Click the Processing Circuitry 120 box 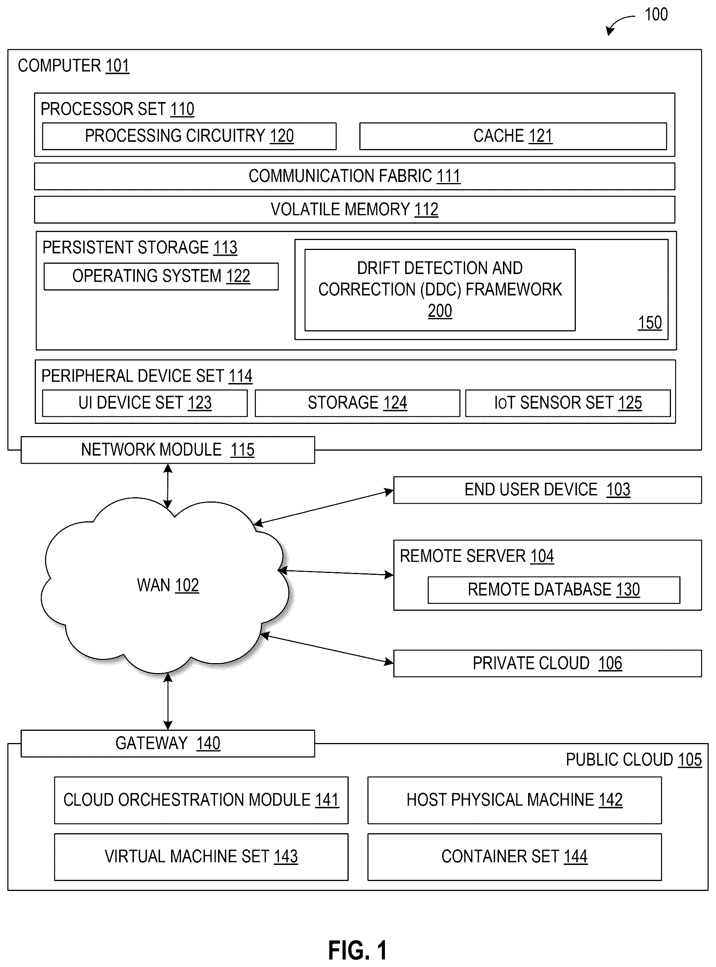[x=189, y=136]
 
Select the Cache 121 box [x=513, y=136]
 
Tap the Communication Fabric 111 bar [x=354, y=176]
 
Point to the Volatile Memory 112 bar [x=354, y=209]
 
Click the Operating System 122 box [x=161, y=276]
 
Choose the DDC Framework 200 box [x=440, y=290]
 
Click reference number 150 [x=650, y=323]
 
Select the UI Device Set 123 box [x=145, y=403]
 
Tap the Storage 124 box [x=357, y=403]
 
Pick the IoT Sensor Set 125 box [x=568, y=403]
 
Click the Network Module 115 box [x=168, y=450]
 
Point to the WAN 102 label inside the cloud [x=168, y=585]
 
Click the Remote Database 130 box [x=554, y=590]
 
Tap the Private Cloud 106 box [x=547, y=663]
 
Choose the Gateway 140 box [x=168, y=743]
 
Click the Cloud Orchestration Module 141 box [x=201, y=800]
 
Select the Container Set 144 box [x=514, y=857]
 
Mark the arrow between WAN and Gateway [x=168, y=701]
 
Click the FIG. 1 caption [x=357, y=951]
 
